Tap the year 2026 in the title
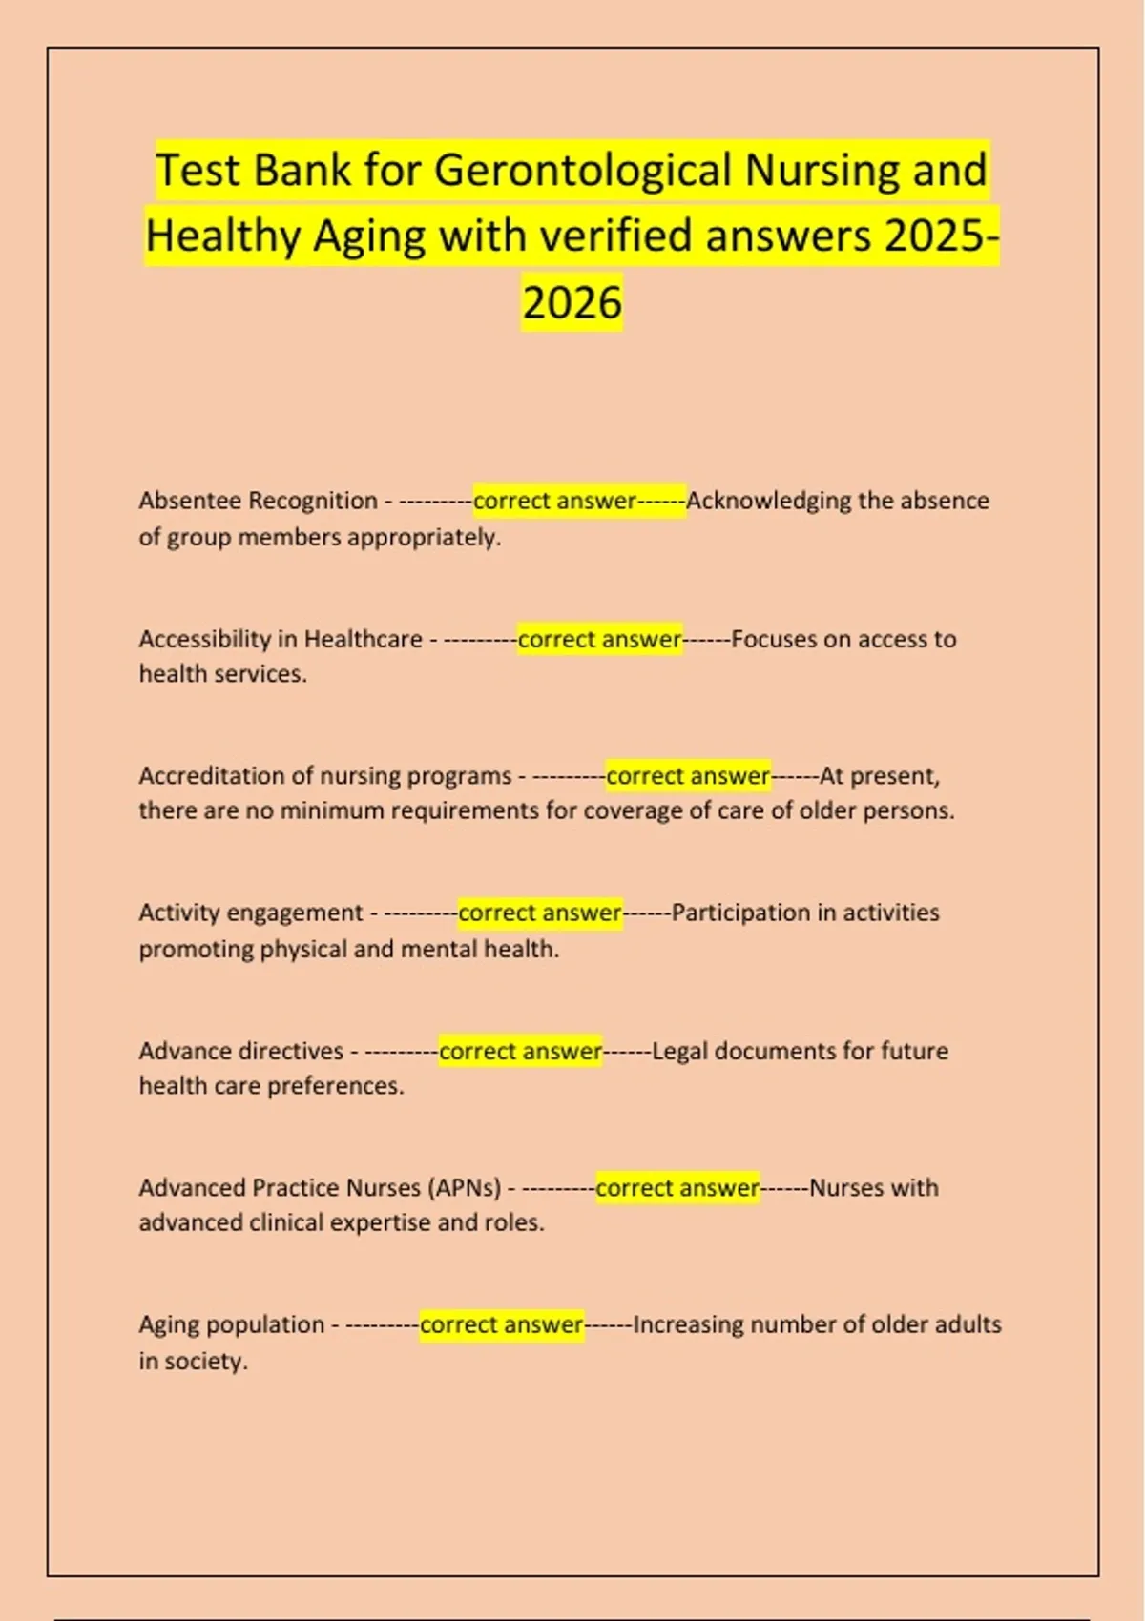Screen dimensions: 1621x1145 [x=572, y=303]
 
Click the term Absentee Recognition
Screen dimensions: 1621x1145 [x=258, y=501]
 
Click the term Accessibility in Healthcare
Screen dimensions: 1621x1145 [x=281, y=639]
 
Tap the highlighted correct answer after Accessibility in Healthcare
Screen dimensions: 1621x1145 [x=599, y=639]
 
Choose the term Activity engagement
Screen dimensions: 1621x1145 [x=251, y=913]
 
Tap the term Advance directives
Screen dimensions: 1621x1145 [x=240, y=1051]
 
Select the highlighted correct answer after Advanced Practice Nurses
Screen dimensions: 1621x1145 [x=677, y=1188]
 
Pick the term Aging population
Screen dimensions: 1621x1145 [x=232, y=1325]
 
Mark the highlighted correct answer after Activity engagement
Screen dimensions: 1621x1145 [x=540, y=913]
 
